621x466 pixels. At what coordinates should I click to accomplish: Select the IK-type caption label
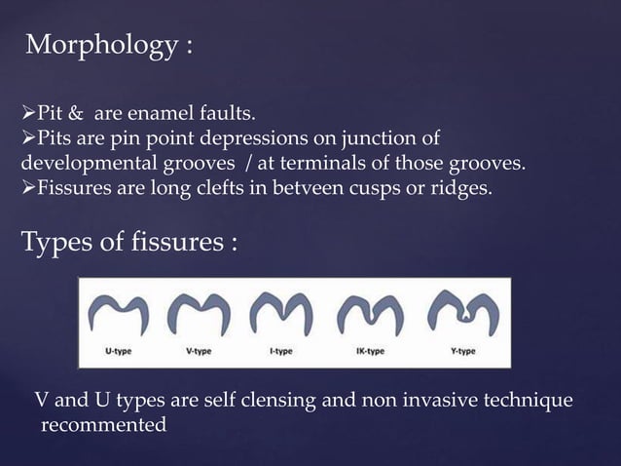click(x=368, y=351)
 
